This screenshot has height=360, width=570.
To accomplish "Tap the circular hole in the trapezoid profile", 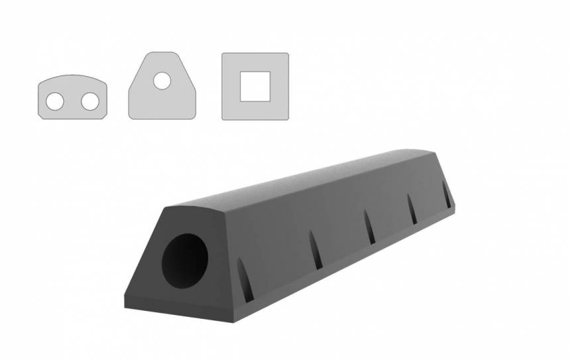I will tap(162, 82).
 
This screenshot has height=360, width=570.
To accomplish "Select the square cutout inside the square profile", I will tap(255, 86).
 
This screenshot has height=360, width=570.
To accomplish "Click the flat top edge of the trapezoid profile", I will tap(162, 53).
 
